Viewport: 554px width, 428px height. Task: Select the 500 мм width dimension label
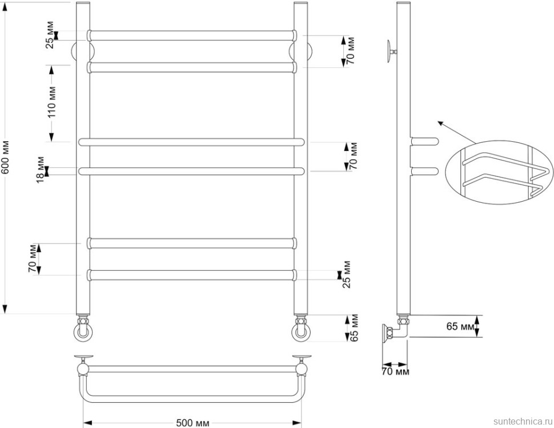pos(192,423)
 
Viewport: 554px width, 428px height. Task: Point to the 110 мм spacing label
pos(51,102)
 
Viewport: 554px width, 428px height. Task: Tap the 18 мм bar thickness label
pos(41,170)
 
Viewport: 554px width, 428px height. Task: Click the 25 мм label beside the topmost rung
pos(50,35)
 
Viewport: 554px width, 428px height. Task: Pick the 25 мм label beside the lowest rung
pos(347,275)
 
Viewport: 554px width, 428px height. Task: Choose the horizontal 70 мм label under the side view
pos(396,371)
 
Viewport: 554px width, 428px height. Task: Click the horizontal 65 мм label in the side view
pos(460,326)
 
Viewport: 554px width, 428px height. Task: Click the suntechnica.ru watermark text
pos(523,421)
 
